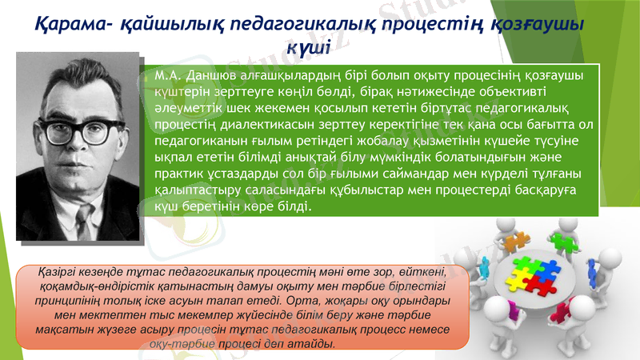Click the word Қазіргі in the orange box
coord(58,274)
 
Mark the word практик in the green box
coord(181,174)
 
